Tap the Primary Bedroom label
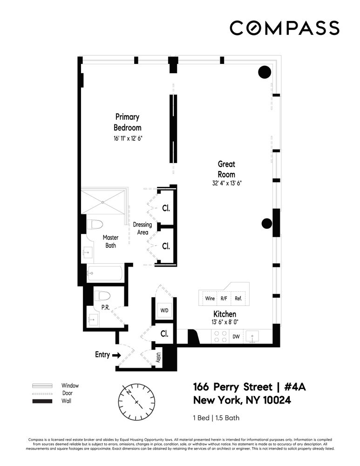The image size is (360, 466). [127, 122]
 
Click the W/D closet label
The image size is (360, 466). [164, 310]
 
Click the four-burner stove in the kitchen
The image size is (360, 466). [220, 336]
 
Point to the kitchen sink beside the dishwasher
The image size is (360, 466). [254, 336]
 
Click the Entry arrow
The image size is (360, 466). [115, 355]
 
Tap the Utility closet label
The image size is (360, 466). [158, 357]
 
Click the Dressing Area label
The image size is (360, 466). [142, 228]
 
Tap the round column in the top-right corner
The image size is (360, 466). [265, 72]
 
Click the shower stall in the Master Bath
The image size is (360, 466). [103, 202]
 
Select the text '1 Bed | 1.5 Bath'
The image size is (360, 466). [216, 418]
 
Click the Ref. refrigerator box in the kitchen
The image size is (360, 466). [238, 299]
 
